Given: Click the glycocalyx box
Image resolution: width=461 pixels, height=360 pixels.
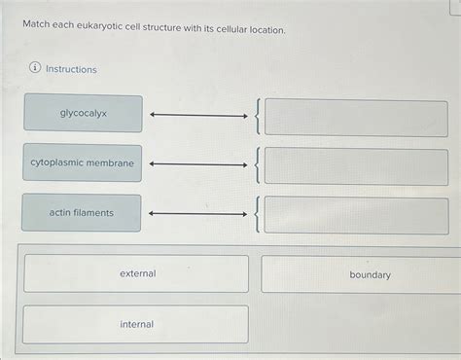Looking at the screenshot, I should tap(83, 114).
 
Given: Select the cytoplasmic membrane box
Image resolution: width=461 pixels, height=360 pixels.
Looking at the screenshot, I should tap(83, 163).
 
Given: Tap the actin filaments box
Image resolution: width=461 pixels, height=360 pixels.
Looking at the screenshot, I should tap(82, 213).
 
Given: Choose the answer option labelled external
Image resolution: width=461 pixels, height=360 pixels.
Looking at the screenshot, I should tap(136, 274).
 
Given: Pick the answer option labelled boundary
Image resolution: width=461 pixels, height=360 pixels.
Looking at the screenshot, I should tap(370, 274).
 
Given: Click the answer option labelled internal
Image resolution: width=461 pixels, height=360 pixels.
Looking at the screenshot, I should tap(136, 324).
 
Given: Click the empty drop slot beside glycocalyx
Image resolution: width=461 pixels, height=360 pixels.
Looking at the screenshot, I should tap(356, 117).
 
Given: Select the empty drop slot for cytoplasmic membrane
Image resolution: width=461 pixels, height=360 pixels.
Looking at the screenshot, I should tap(356, 166).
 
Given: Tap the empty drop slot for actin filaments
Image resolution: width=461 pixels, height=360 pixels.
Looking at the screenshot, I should tap(356, 215).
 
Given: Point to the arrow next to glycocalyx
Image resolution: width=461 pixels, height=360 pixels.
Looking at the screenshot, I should tap(198, 117).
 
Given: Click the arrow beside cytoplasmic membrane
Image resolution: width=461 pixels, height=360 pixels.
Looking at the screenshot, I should tap(198, 164).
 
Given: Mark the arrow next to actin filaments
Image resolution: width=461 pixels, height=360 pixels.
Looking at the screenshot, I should tap(198, 214).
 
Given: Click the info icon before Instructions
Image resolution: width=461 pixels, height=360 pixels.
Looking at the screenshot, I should tap(35, 69).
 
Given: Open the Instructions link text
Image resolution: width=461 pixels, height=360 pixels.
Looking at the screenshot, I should tap(72, 70).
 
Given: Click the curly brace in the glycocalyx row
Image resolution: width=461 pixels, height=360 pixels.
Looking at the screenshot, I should tap(256, 117).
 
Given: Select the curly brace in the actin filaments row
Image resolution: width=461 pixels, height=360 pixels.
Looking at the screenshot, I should tap(256, 215).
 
